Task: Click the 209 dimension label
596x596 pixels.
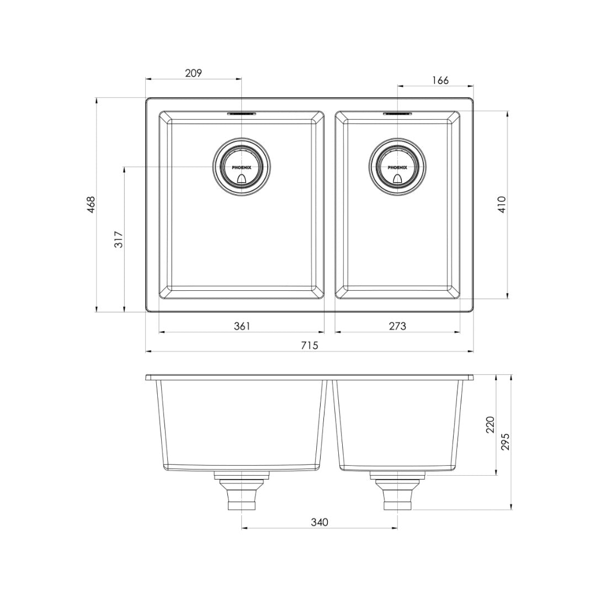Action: pyautogui.click(x=194, y=72)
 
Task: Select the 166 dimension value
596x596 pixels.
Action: pyautogui.click(x=440, y=80)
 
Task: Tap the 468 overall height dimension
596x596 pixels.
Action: pyautogui.click(x=92, y=204)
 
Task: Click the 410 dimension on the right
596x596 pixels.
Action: pyautogui.click(x=502, y=205)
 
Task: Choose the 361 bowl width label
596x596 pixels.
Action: pyautogui.click(x=242, y=326)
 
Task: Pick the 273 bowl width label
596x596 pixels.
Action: pyautogui.click(x=397, y=326)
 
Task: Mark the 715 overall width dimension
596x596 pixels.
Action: pyautogui.click(x=310, y=345)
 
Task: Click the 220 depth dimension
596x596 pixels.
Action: pyautogui.click(x=490, y=424)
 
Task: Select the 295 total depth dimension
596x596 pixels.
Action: pyautogui.click(x=506, y=441)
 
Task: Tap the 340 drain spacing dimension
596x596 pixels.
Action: pyautogui.click(x=320, y=522)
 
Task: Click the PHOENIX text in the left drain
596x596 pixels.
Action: pyautogui.click(x=242, y=167)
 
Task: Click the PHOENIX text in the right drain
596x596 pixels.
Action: pyautogui.click(x=397, y=167)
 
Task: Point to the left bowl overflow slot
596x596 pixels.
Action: pyautogui.click(x=242, y=114)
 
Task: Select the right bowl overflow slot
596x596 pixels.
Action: pyautogui.click(x=397, y=114)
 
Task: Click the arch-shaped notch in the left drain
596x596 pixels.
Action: pyautogui.click(x=242, y=178)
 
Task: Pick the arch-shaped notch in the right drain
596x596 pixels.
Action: pyautogui.click(x=397, y=178)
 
